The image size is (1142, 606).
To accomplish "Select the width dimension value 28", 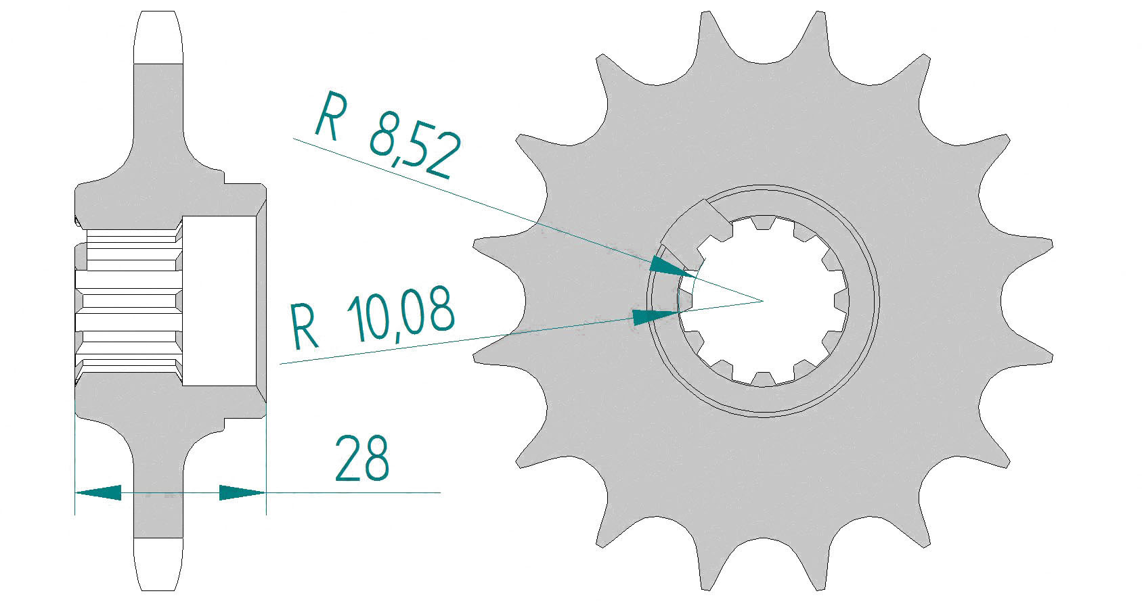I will coord(362,459).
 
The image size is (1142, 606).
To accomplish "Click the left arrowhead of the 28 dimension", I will coord(98,492).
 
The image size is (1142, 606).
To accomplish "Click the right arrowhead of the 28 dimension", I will coord(242,492).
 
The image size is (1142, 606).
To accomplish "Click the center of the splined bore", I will coord(763,301).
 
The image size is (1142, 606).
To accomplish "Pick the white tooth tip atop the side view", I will coord(160,37).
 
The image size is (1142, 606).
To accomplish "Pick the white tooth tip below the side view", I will coord(160,565).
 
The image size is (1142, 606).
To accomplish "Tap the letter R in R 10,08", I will coord(303,327).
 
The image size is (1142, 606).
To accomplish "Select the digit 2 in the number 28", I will coord(347,459).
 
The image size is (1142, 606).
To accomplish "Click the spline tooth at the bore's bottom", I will coord(763,377).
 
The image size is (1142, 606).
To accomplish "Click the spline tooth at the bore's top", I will coord(763,224).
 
